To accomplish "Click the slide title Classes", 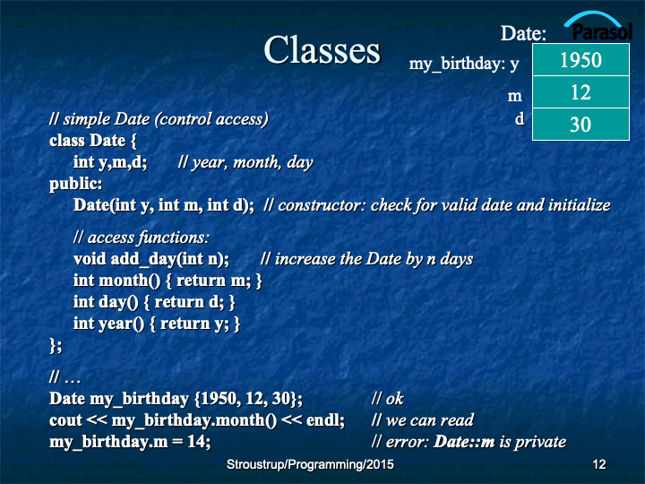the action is (322, 50).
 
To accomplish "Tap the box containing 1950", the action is (580, 60).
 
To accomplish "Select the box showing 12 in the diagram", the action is (580, 92).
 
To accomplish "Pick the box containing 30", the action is (580, 125).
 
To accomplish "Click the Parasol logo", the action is (599, 27).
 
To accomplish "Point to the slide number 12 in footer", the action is (599, 464).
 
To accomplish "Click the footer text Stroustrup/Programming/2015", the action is (310, 464).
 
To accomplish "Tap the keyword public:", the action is (75, 184).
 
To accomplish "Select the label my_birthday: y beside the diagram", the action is (464, 64).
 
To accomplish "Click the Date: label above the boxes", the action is (523, 33).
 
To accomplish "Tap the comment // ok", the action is (387, 398).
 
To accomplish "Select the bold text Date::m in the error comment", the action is (464, 441).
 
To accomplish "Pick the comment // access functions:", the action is (142, 238).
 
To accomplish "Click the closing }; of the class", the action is (56, 345).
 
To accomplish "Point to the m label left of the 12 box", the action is (514, 96).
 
